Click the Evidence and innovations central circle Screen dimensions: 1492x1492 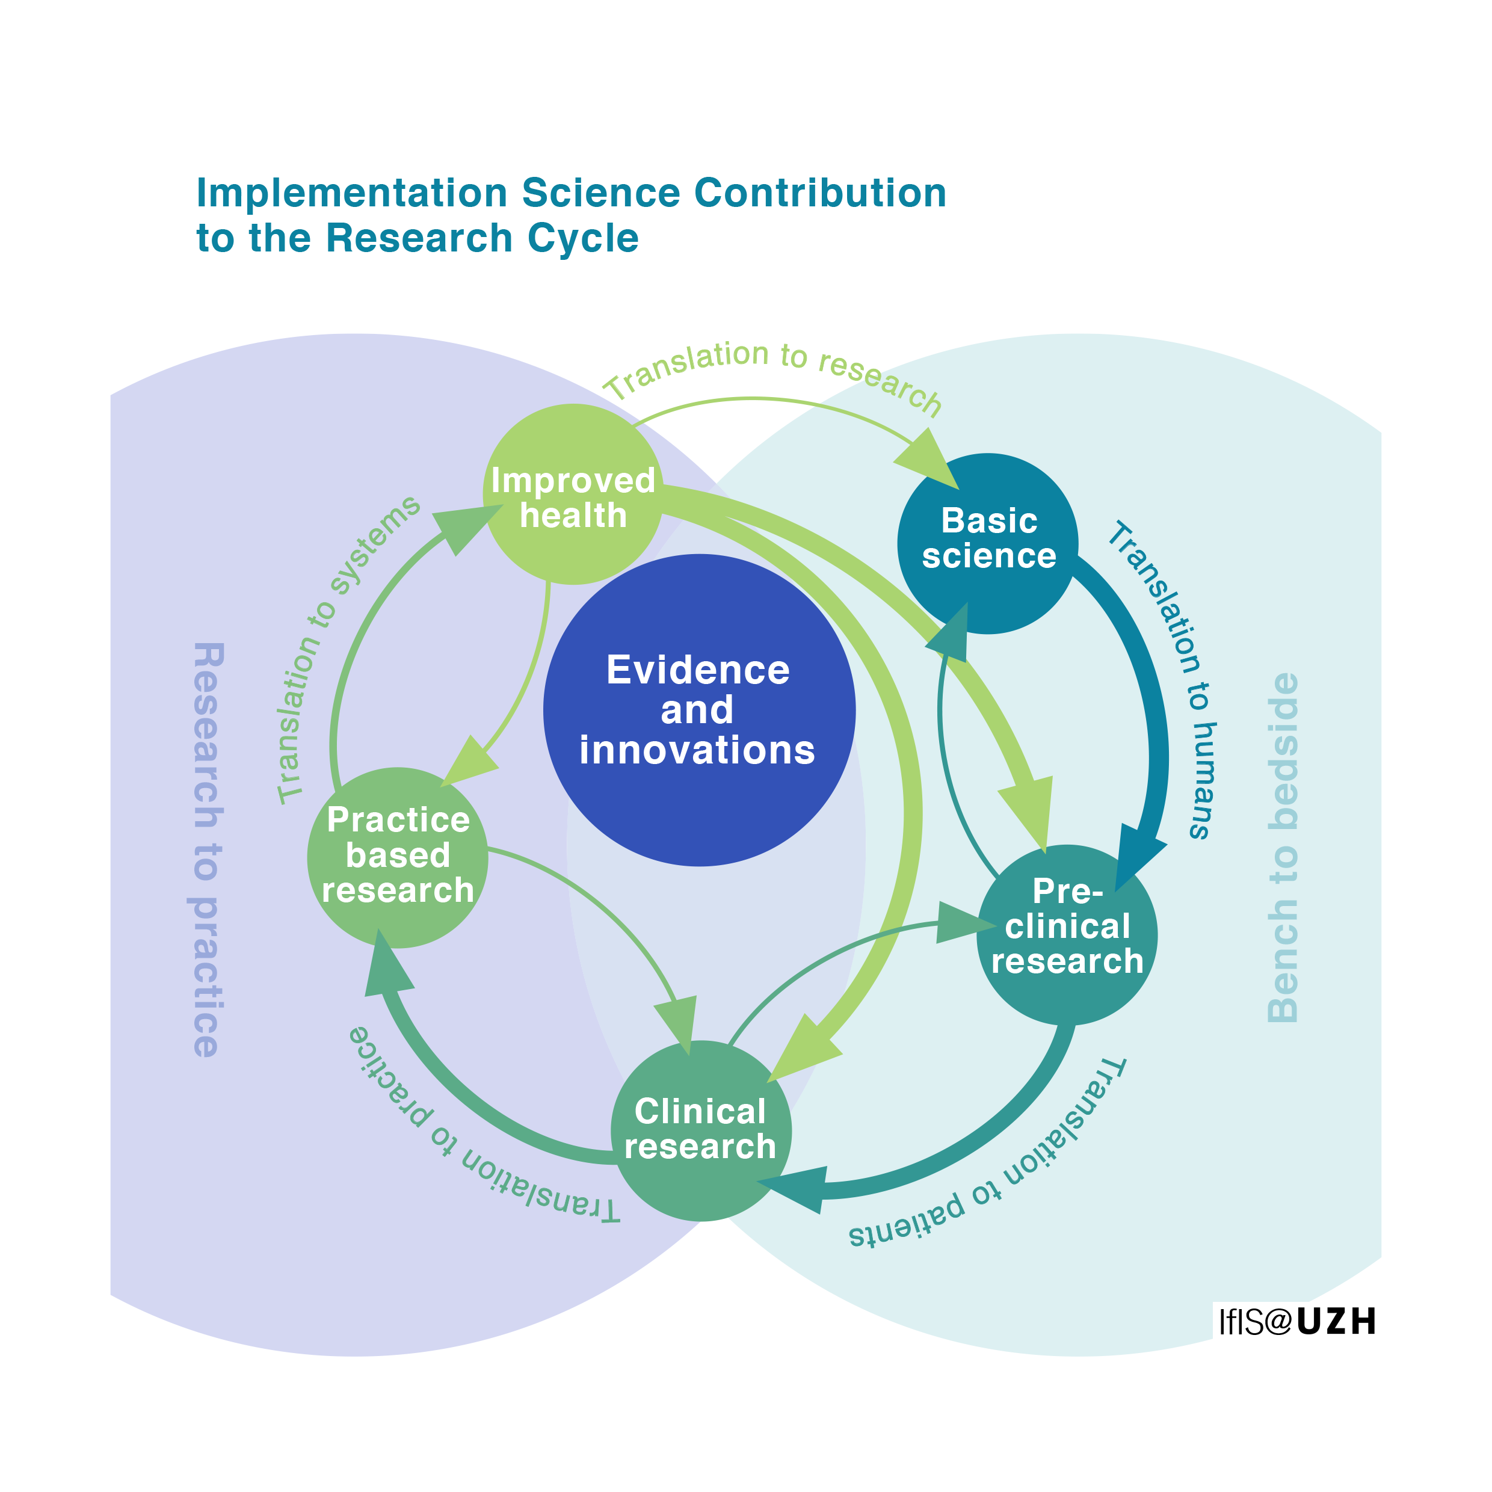click(699, 710)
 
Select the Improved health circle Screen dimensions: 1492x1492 click(572, 495)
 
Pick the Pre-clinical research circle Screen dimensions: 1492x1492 click(1067, 934)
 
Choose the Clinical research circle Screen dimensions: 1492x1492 click(700, 1130)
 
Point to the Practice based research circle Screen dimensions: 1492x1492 click(398, 857)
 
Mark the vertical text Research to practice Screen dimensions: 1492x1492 click(207, 849)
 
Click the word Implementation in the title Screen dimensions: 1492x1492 click(351, 193)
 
